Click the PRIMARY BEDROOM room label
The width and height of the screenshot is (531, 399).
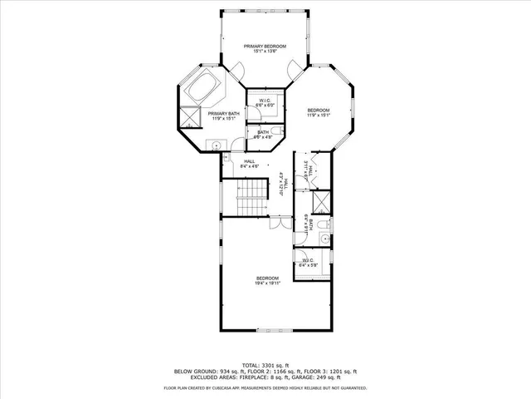pyautogui.click(x=265, y=48)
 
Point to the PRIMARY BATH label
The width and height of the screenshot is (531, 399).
pyautogui.click(x=222, y=116)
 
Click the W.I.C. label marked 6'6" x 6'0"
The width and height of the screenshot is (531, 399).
pyautogui.click(x=265, y=103)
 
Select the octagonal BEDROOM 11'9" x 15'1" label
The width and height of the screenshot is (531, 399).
pyautogui.click(x=319, y=113)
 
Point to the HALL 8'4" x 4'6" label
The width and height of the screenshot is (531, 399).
pyautogui.click(x=249, y=164)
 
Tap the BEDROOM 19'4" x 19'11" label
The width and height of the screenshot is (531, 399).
pyautogui.click(x=267, y=280)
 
